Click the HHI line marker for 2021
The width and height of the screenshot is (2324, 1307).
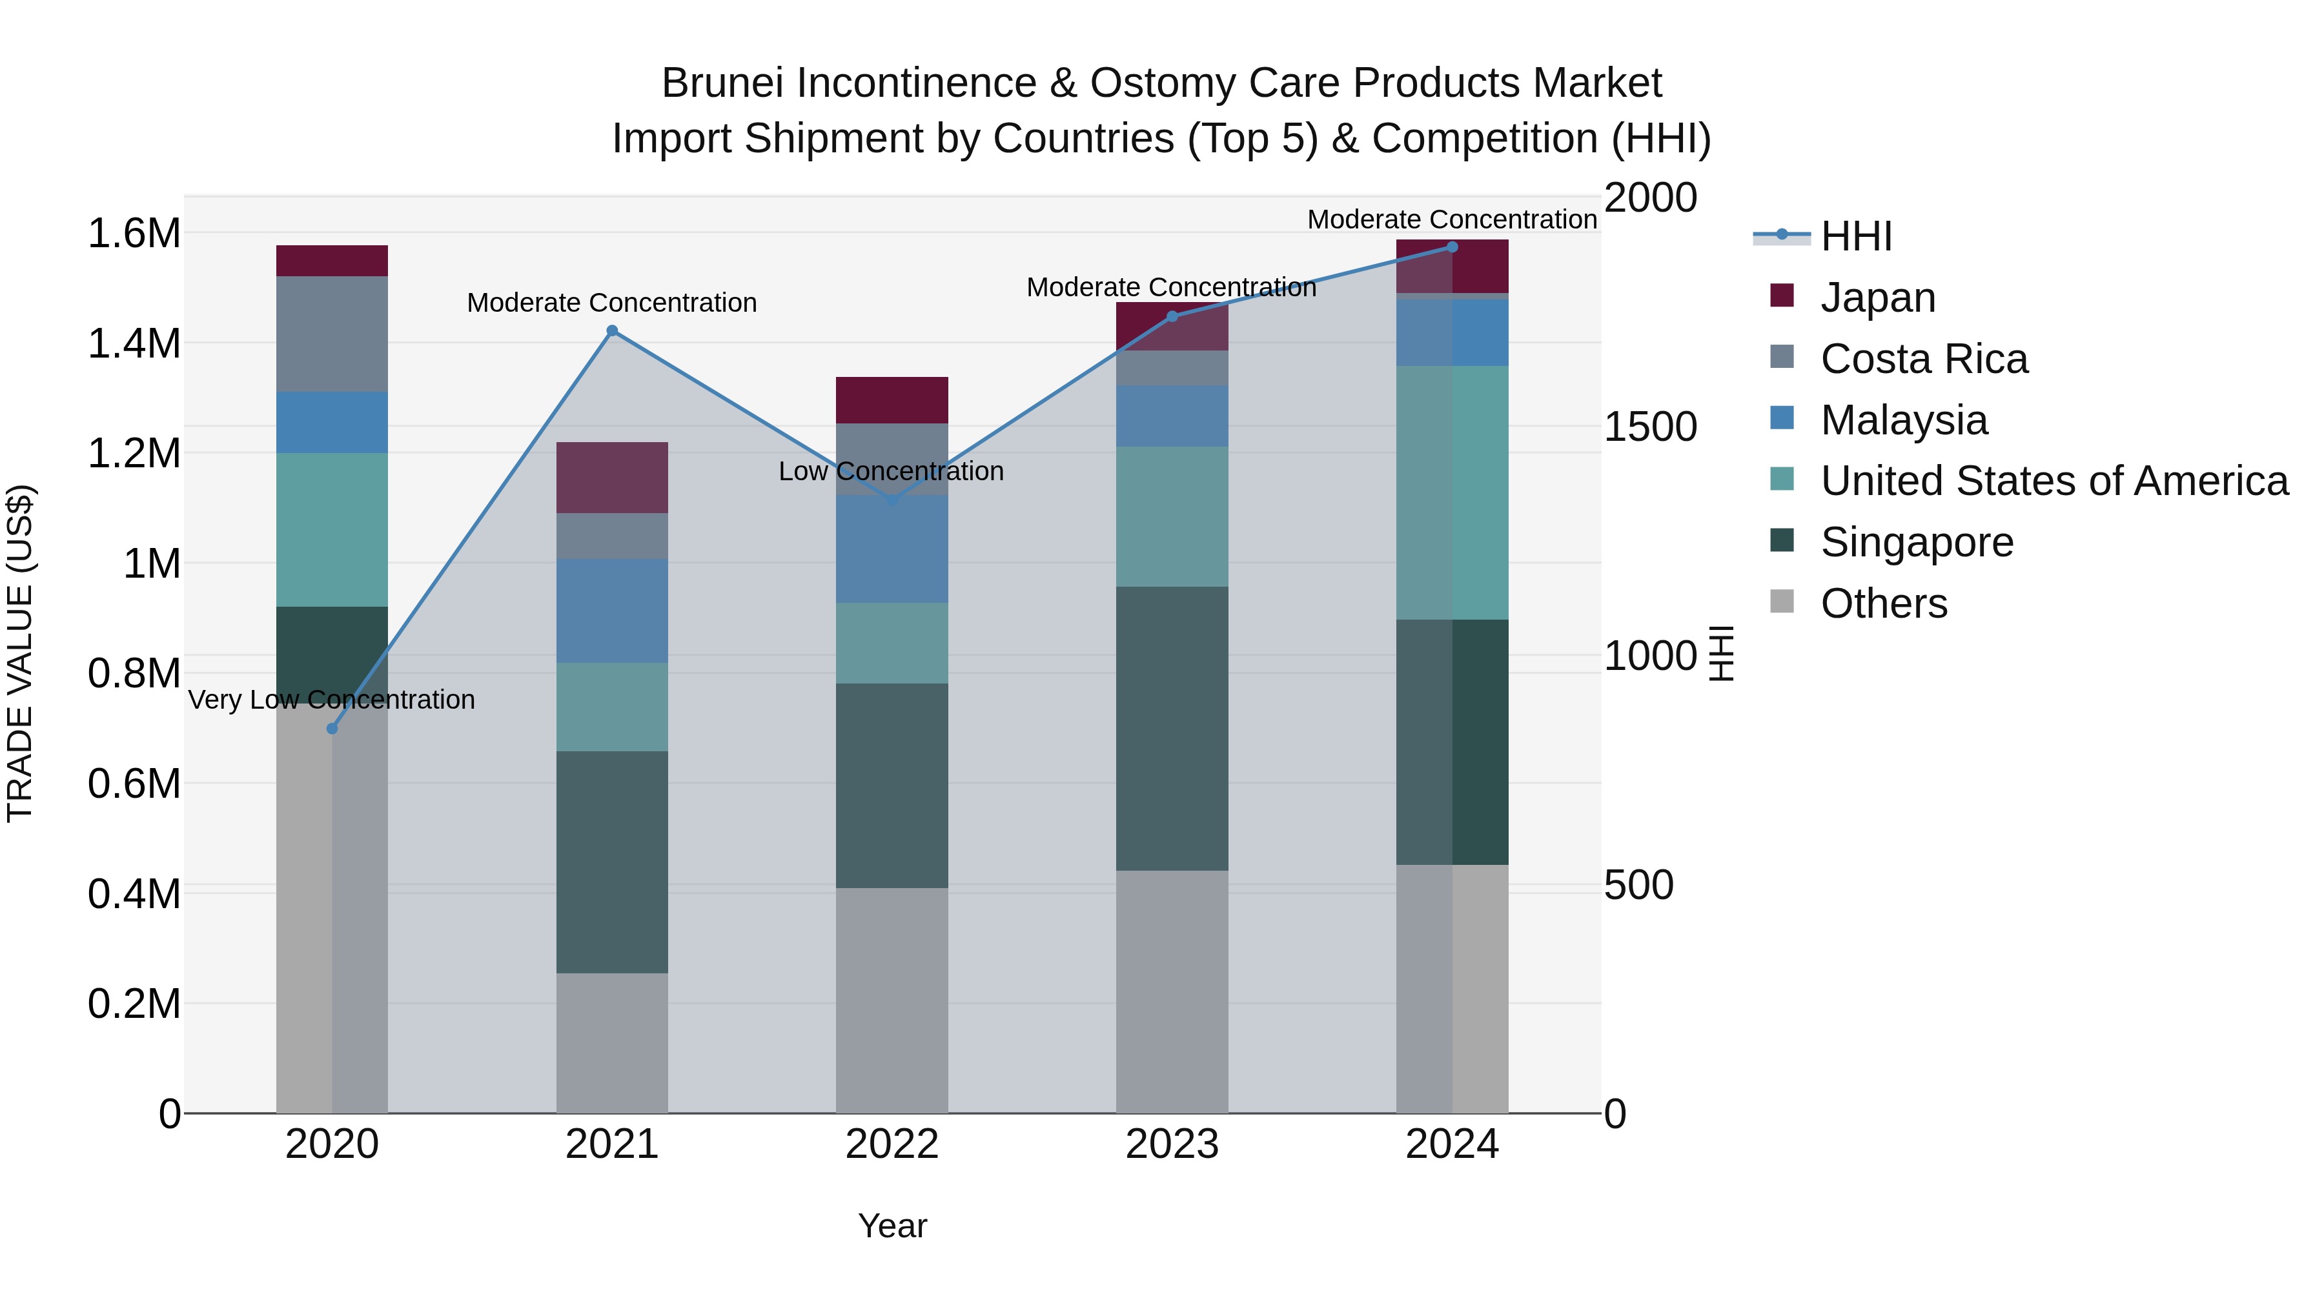[x=612, y=331]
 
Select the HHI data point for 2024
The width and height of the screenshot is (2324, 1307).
[x=1452, y=247]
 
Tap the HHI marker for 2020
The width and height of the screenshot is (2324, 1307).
[x=332, y=729]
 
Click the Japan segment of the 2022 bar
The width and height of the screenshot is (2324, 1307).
[x=892, y=400]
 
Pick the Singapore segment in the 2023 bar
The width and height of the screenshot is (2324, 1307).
[x=1172, y=729]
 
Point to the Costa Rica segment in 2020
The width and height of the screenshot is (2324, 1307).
[x=332, y=334]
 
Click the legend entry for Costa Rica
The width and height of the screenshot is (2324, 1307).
[x=1924, y=359]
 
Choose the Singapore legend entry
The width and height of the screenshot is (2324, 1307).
[x=1916, y=542]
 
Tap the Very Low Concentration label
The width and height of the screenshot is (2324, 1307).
[x=331, y=700]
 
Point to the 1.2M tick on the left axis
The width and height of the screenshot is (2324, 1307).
[x=134, y=454]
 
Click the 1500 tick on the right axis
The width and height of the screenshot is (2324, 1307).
[x=1650, y=427]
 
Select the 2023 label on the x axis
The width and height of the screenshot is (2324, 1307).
[x=1172, y=1144]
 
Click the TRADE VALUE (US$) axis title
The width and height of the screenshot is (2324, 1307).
[x=21, y=653]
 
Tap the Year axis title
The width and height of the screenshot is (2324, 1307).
[x=892, y=1226]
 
